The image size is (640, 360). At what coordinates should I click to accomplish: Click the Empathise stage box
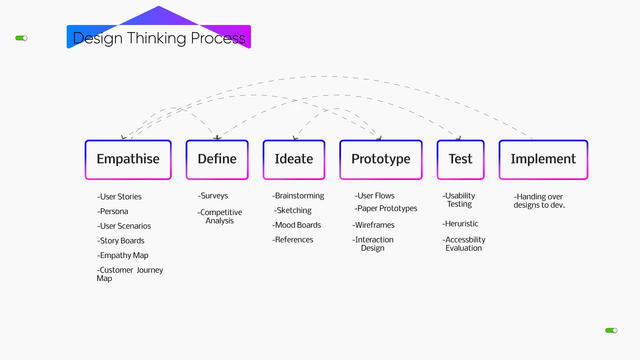click(128, 160)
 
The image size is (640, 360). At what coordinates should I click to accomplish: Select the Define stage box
click(217, 160)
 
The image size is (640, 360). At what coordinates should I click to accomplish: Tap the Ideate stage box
click(294, 160)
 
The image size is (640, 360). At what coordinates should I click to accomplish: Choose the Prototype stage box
click(381, 160)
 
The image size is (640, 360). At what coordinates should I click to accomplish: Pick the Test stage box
click(460, 160)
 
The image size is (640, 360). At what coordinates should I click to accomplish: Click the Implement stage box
click(543, 160)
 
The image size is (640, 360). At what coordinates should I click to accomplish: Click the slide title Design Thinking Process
click(159, 38)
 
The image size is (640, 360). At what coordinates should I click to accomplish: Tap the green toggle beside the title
click(21, 38)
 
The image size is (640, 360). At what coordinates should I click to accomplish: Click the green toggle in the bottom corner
click(611, 330)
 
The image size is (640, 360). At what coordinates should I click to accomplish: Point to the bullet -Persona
click(112, 211)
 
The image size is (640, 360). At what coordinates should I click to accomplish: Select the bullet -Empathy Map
click(123, 255)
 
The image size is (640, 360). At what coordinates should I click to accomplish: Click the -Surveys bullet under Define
click(213, 196)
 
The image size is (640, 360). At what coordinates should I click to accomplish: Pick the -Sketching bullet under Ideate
click(292, 210)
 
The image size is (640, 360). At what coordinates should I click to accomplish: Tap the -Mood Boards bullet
click(296, 225)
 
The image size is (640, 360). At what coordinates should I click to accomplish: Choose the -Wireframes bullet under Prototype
click(373, 225)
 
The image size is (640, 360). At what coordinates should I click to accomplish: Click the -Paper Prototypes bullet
click(386, 208)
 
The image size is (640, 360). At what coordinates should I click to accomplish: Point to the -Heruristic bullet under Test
click(460, 224)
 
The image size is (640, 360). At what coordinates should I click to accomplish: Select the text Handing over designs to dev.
click(539, 201)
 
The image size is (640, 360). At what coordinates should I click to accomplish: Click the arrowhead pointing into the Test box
click(459, 138)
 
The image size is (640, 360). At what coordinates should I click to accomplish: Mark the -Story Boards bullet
click(121, 241)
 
